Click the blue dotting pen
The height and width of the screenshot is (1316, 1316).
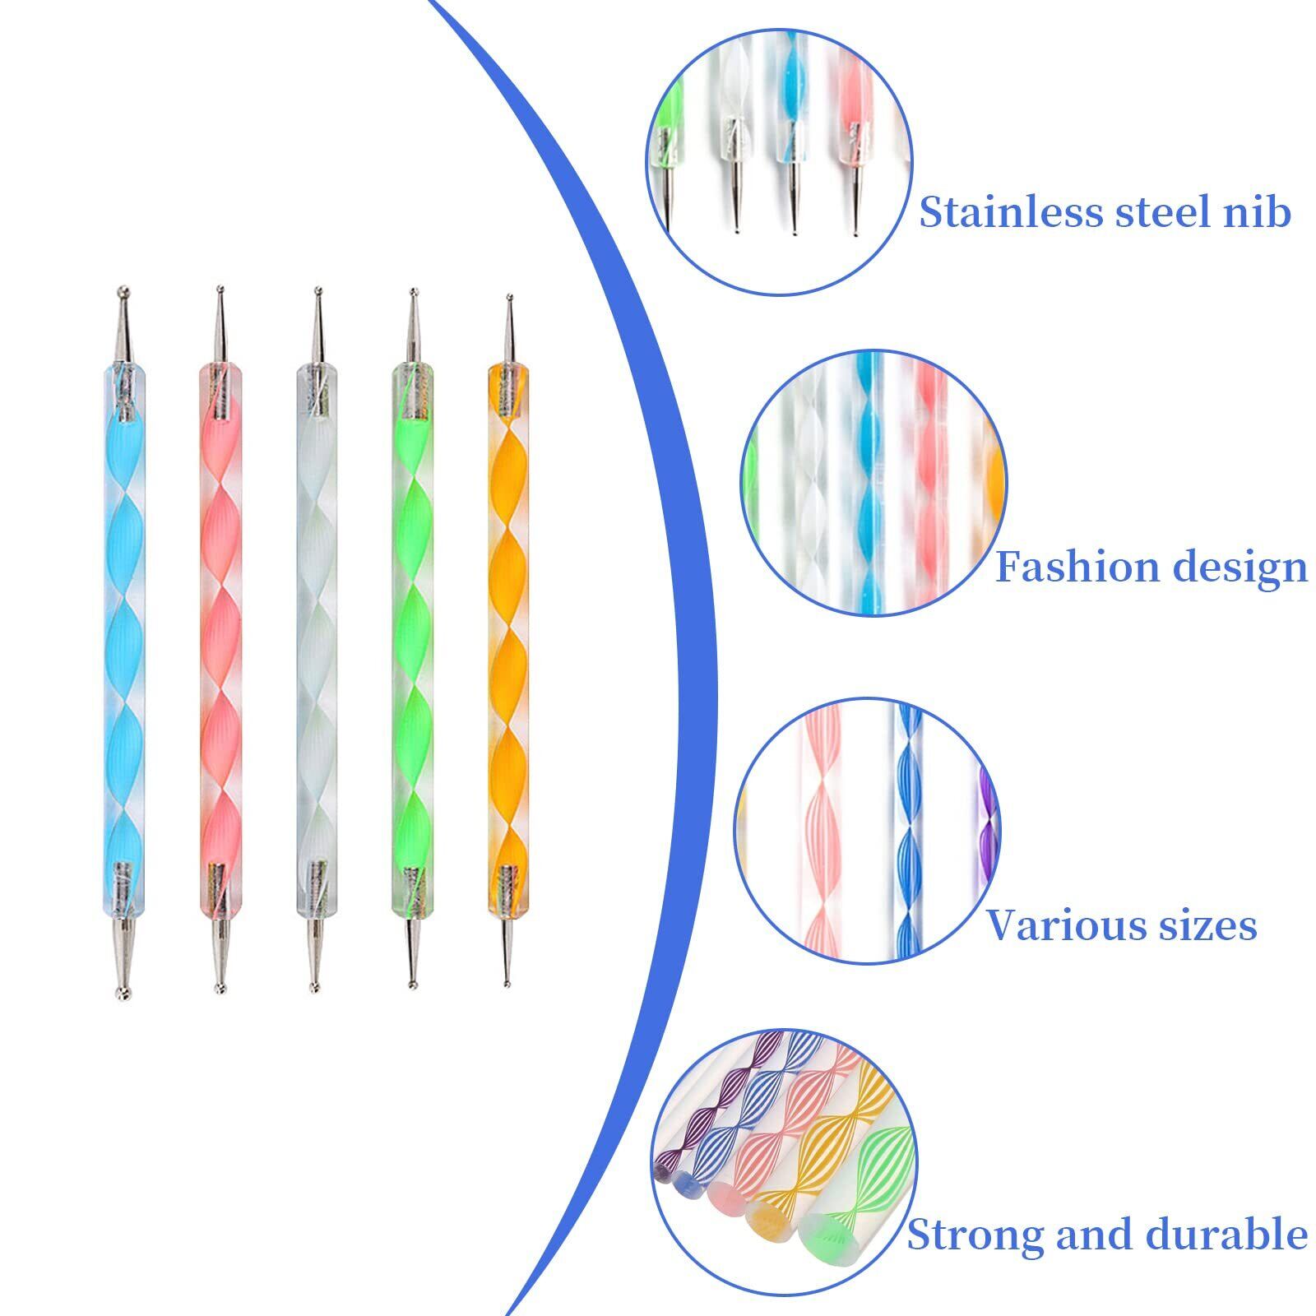tap(124, 642)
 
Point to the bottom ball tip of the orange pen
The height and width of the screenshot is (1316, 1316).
tap(508, 980)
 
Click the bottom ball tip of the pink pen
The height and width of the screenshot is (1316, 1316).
tap(219, 989)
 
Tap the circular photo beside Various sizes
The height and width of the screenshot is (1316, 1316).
tap(867, 831)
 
